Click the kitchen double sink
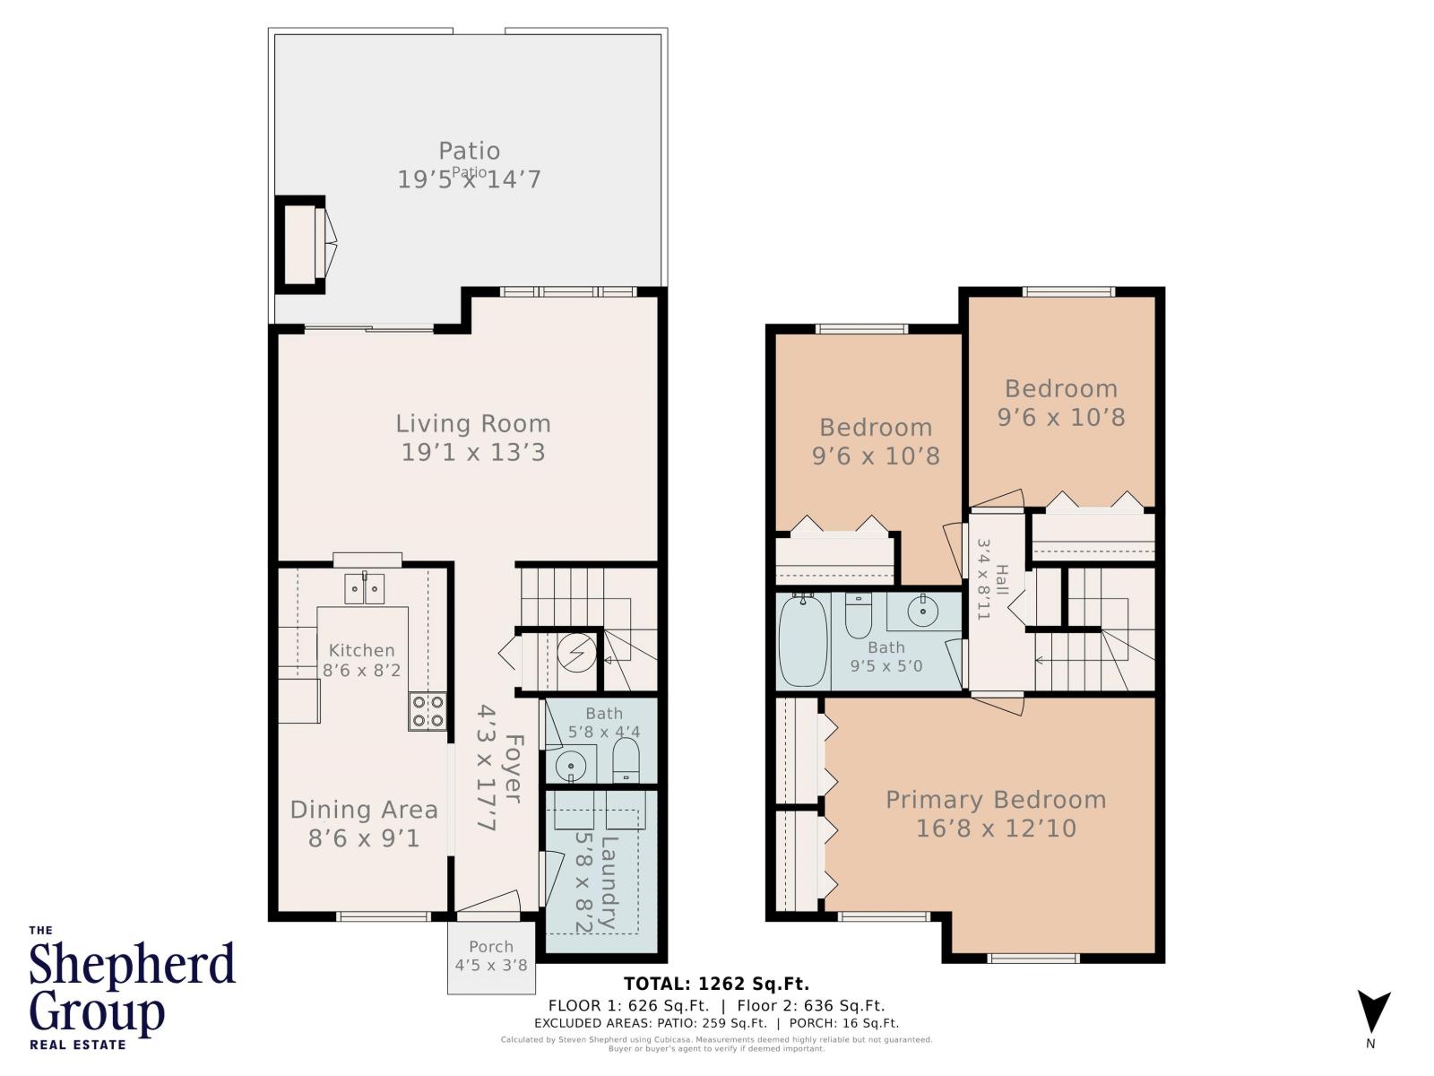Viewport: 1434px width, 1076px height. tap(366, 589)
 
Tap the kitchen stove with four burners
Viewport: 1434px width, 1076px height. tap(428, 711)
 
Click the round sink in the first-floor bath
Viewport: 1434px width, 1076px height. tap(571, 766)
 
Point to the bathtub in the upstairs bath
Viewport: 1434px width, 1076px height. tap(802, 642)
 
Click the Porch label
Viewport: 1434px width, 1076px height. tap(491, 946)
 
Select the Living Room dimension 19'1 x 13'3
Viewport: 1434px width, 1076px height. tap(472, 452)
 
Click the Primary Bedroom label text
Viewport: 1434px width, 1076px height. tap(996, 800)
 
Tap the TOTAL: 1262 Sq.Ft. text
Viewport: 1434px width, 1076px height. tap(716, 984)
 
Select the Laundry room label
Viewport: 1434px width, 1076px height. tap(609, 881)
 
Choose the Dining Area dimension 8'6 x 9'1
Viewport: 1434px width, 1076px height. tap(364, 839)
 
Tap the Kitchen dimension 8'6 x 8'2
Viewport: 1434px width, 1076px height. tap(361, 670)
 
